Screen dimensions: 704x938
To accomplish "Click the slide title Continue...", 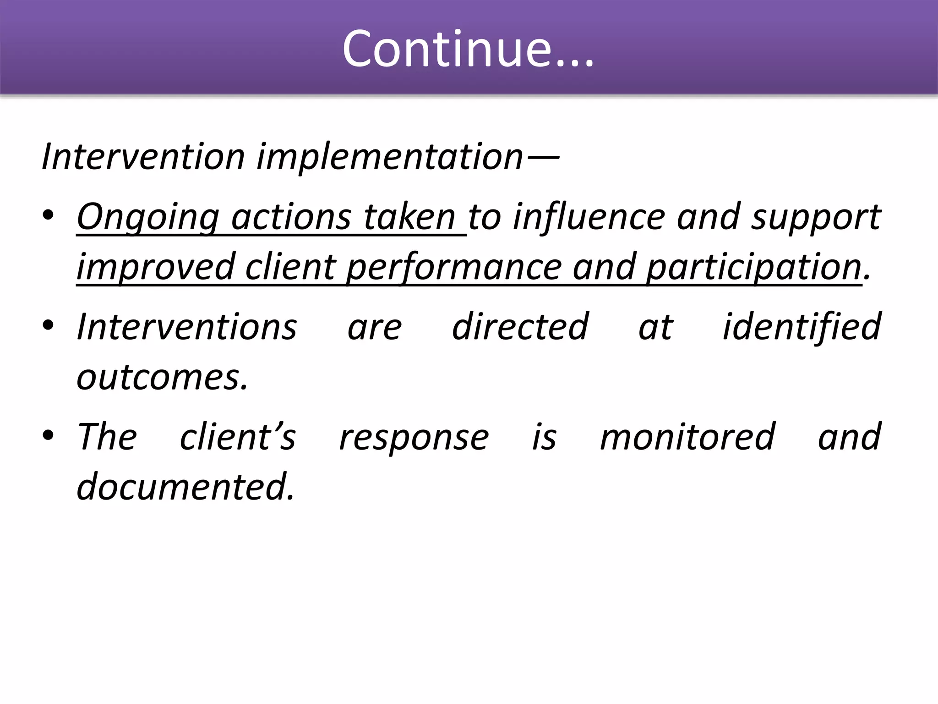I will [x=468, y=49].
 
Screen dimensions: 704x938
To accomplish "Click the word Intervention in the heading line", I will [x=143, y=157].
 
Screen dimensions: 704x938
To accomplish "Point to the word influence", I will [x=589, y=217].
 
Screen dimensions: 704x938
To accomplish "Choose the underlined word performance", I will [x=453, y=268].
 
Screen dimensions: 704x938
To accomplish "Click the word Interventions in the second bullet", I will [x=187, y=327].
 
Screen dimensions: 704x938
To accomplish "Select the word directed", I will [x=520, y=327].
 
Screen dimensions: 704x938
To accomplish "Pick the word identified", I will [x=802, y=327].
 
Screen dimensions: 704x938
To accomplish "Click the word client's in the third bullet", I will [x=238, y=437].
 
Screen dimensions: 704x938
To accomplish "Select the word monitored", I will [x=687, y=437].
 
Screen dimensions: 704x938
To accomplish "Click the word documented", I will [x=185, y=486].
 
